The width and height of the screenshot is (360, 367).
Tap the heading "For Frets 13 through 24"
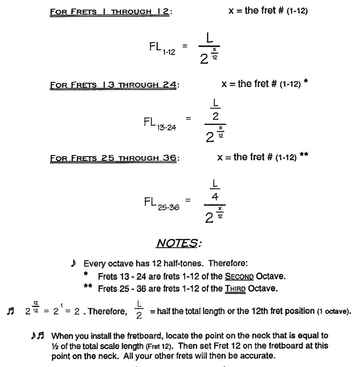(114, 84)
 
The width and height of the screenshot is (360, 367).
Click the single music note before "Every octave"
(72, 264)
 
